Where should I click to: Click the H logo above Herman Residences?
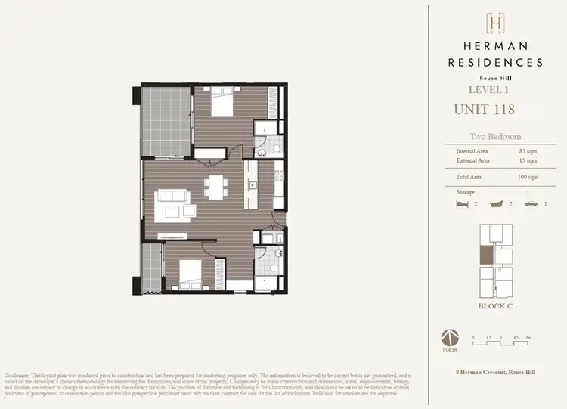(x=495, y=23)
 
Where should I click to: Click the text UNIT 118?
(x=484, y=109)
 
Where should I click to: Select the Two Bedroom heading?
(x=495, y=138)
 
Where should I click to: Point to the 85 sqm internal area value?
(x=528, y=151)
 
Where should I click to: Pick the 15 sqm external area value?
(x=528, y=160)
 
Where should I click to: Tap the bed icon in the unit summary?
(x=462, y=204)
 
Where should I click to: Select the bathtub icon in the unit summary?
(x=497, y=204)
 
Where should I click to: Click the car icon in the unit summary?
(x=532, y=204)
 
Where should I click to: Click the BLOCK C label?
(x=495, y=306)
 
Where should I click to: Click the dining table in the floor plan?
(x=217, y=186)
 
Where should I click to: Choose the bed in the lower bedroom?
(x=188, y=274)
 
